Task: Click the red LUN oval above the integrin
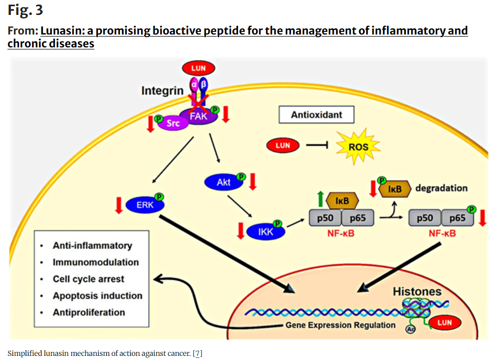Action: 198,68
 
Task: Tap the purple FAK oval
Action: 199,116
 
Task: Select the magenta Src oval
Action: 173,123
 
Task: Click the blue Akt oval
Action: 224,182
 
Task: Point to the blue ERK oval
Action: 145,205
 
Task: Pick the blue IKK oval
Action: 265,232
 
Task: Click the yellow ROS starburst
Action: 358,146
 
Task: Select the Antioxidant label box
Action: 316,114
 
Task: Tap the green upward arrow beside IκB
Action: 320,199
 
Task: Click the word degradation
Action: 441,188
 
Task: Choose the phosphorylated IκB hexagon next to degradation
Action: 395,189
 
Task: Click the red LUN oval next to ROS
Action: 282,146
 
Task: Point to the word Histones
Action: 417,292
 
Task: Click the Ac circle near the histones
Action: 411,329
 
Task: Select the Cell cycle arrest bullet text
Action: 88,279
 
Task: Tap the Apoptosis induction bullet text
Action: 97,296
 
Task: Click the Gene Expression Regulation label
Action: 340,325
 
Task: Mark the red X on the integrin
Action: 198,102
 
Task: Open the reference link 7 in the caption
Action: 198,353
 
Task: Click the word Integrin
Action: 162,91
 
